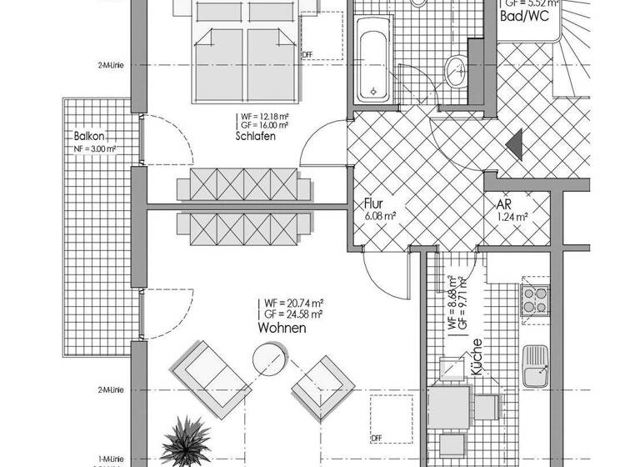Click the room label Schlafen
256,137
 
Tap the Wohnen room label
282,329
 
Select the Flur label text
372,203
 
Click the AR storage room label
503,204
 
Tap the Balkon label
88,136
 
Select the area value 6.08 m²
379,217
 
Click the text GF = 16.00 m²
264,125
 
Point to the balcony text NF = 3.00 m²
94,150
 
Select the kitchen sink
533,367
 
